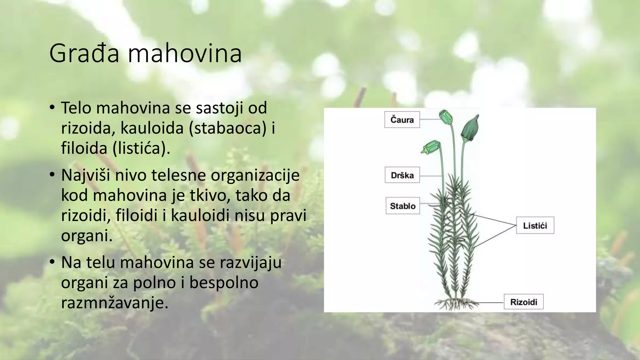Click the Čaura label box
pyautogui.click(x=402, y=120)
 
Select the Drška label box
pyautogui.click(x=402, y=175)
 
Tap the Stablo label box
pyautogui.click(x=402, y=206)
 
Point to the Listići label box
pyautogui.click(x=535, y=225)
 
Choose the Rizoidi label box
pyautogui.click(x=523, y=302)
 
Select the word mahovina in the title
pyautogui.click(x=185, y=54)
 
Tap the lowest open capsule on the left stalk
pyautogui.click(x=431, y=147)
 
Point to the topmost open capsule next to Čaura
pyautogui.click(x=446, y=117)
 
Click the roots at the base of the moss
pyautogui.click(x=456, y=303)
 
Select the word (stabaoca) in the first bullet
pyautogui.click(x=227, y=128)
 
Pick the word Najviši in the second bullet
pyautogui.click(x=85, y=175)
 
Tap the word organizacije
pyautogui.click(x=255, y=175)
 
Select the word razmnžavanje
pyautogui.click(x=115, y=302)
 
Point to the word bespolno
pyautogui.click(x=224, y=282)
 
